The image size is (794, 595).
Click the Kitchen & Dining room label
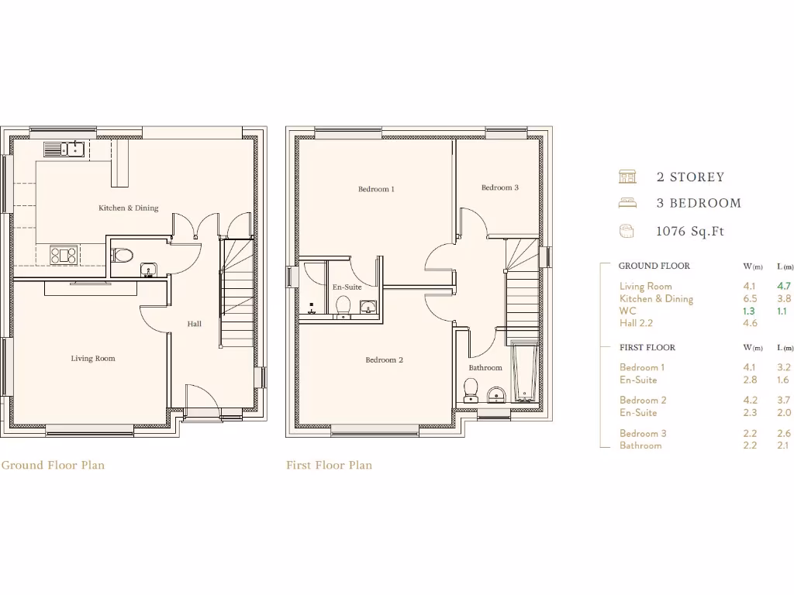tap(128, 208)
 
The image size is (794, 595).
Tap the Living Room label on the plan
tap(93, 358)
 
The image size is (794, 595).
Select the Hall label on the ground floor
tap(194, 324)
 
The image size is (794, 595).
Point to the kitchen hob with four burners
tap(63, 254)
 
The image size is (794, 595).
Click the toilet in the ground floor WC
tap(125, 253)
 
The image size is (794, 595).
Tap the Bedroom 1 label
tap(376, 189)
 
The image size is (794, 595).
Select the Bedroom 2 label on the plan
tap(384, 360)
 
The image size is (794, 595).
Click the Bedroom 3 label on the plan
tap(499, 187)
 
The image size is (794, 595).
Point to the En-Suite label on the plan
tap(347, 287)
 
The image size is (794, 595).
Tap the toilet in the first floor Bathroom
tap(470, 389)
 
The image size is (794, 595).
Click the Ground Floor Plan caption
tap(53, 466)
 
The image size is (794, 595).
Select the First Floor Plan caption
tap(329, 466)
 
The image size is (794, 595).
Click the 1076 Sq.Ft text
tap(690, 231)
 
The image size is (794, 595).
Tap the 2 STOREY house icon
tap(627, 177)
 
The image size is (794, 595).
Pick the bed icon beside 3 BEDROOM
tap(627, 203)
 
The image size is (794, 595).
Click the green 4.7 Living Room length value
tap(784, 286)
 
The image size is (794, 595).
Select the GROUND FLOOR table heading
tap(654, 266)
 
